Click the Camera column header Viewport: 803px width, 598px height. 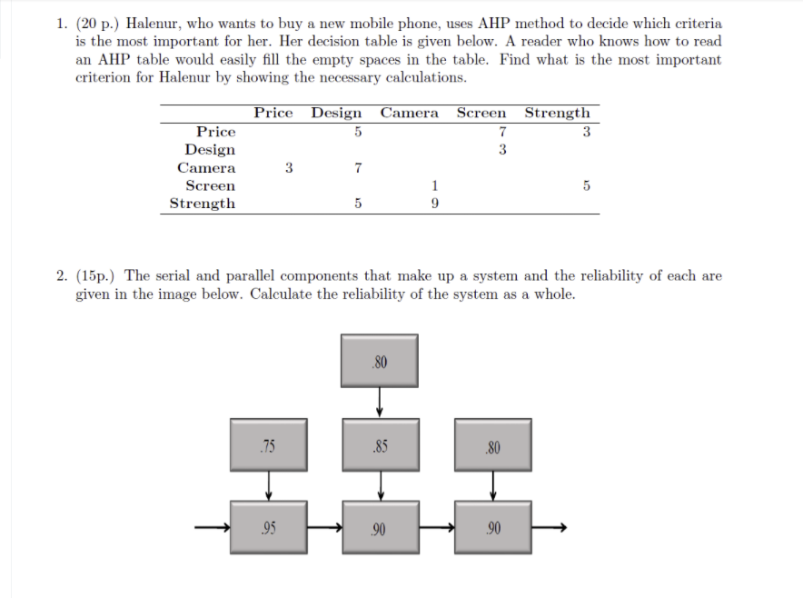pyautogui.click(x=409, y=114)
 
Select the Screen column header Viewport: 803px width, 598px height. pyautogui.click(x=481, y=114)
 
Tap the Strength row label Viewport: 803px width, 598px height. pyautogui.click(x=202, y=204)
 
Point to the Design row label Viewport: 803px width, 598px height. pyautogui.click(x=210, y=150)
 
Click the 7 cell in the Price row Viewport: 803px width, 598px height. pyautogui.click(x=502, y=132)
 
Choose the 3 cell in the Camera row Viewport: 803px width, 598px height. pyautogui.click(x=289, y=167)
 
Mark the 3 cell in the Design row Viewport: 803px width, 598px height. pyautogui.click(x=502, y=150)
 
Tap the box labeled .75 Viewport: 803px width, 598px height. pyautogui.click(x=268, y=446)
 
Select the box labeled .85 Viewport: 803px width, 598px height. pyautogui.click(x=380, y=446)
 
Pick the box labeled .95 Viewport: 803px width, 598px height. pyautogui.click(x=268, y=527)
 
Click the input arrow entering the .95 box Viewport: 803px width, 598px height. pyautogui.click(x=212, y=527)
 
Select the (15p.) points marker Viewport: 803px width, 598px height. pyautogui.click(x=98, y=276)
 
